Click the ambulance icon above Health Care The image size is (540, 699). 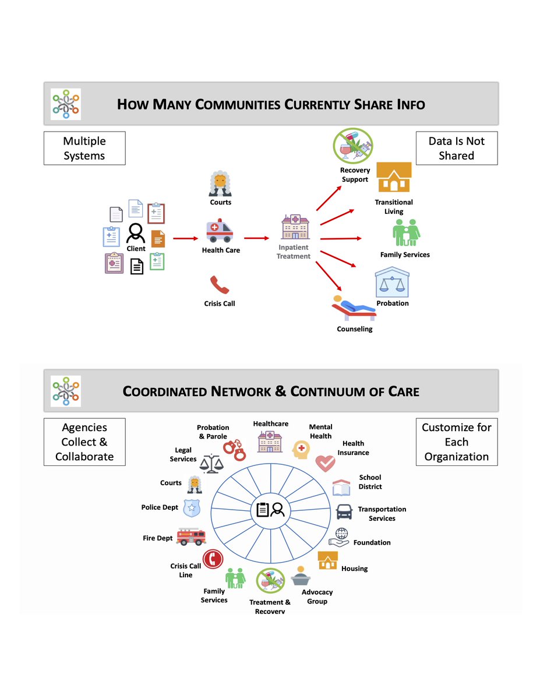tap(220, 230)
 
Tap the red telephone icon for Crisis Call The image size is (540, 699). tap(220, 285)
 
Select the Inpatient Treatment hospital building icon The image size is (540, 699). tap(295, 227)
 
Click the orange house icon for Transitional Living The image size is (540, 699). tap(394, 177)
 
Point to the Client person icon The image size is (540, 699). tap(135, 233)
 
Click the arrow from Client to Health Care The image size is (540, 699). tap(186, 238)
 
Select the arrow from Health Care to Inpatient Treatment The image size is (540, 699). tap(256, 238)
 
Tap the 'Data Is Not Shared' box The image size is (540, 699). tap(456, 148)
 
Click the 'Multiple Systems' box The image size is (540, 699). tap(84, 148)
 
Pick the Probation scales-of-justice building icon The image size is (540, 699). tap(392, 282)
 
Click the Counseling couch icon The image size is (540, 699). tap(354, 308)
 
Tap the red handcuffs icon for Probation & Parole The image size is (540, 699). tap(235, 450)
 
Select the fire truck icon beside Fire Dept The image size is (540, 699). tap(191, 536)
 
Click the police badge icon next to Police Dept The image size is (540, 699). tap(192, 508)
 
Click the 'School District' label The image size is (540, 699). tap(370, 482)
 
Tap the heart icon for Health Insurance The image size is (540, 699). tap(325, 464)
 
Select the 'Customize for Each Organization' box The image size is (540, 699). tap(456, 442)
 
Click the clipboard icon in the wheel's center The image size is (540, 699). tap(263, 510)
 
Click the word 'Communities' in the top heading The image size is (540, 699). tap(238, 104)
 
